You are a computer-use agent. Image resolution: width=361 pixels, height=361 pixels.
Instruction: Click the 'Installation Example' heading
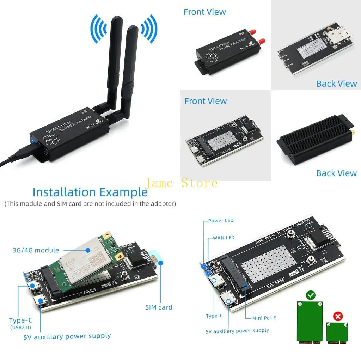90,192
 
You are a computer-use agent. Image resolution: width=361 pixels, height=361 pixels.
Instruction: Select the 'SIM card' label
159,307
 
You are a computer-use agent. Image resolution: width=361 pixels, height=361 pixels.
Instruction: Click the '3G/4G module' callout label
36,250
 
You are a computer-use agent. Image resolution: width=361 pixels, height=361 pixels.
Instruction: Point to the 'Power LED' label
221,221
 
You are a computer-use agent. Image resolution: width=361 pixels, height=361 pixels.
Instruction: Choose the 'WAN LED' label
224,238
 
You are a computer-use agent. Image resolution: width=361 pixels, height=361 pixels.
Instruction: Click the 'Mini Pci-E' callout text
264,318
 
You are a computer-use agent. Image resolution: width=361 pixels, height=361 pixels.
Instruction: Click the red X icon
338,316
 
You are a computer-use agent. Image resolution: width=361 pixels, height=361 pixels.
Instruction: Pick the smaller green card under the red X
337,333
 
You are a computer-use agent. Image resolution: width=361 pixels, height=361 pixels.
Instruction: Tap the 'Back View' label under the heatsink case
336,173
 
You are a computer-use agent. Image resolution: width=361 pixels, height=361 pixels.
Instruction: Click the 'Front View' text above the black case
204,12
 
